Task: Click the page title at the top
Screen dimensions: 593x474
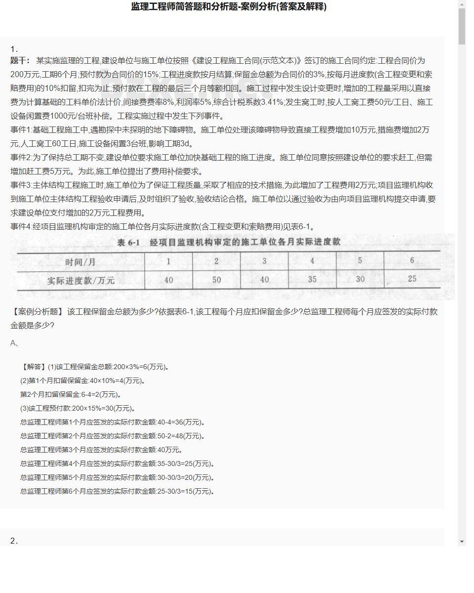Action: coord(229,7)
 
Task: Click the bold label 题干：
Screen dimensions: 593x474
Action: coord(20,61)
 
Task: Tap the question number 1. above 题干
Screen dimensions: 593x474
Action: coord(14,49)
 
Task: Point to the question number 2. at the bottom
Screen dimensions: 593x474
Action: coord(14,541)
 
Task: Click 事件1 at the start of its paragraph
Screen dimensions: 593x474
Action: coord(21,130)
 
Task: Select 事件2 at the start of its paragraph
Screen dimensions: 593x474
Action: coord(21,158)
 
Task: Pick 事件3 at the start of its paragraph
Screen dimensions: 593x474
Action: coord(21,185)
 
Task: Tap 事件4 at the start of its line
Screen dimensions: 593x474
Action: coord(21,227)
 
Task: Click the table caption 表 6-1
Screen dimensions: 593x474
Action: coord(129,243)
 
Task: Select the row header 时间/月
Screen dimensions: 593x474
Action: coord(80,261)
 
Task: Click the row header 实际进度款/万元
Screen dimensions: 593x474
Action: coord(80,280)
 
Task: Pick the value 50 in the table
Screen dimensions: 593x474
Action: coord(216,280)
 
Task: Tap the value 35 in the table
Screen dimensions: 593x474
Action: coord(312,279)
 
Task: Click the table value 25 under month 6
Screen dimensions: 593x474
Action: coord(412,279)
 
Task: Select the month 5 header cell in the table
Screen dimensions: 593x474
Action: coord(360,260)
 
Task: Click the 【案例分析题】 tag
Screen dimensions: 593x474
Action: coord(37,312)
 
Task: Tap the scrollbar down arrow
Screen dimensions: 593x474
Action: coord(462,542)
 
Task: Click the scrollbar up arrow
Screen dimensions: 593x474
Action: coord(462,4)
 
